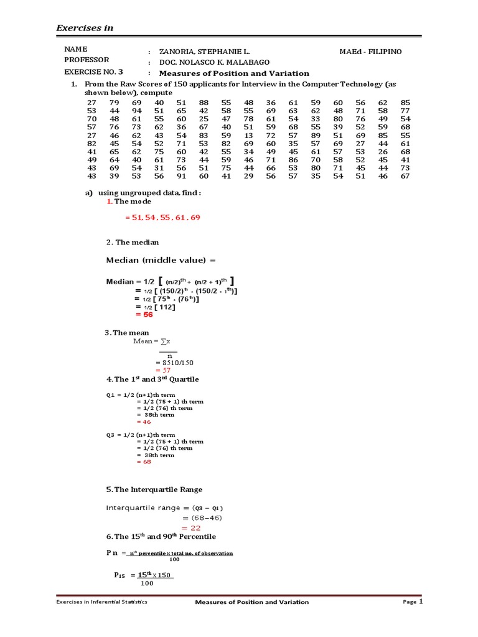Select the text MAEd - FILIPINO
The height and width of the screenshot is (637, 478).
pos(370,52)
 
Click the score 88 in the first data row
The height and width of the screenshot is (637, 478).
pos(204,102)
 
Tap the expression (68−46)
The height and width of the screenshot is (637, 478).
pos(202,518)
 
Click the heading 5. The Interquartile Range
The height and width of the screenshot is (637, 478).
pos(154,490)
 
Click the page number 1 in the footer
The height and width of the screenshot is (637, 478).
pos(421,602)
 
